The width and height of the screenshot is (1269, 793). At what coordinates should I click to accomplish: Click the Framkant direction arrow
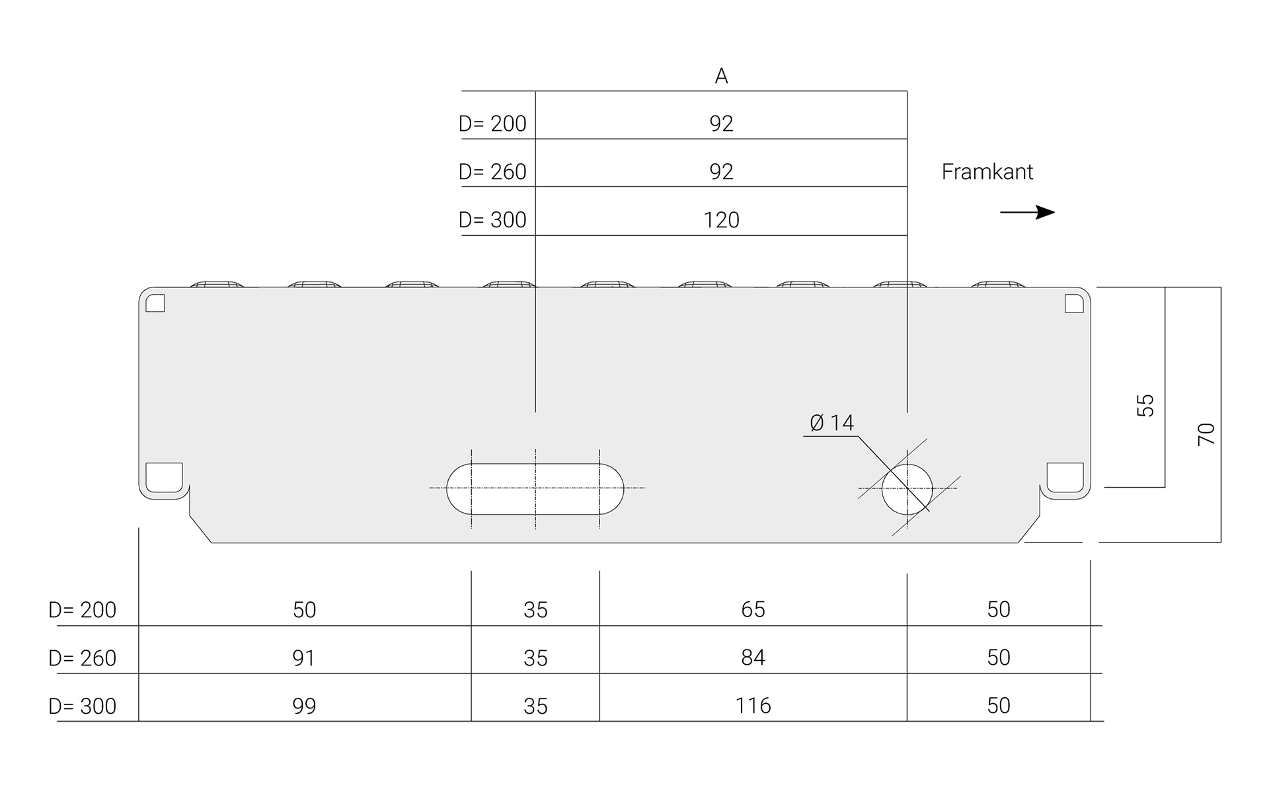click(x=1028, y=212)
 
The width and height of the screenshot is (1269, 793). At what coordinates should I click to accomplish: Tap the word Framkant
click(x=987, y=172)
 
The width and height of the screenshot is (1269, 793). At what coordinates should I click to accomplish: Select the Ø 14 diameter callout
click(x=831, y=423)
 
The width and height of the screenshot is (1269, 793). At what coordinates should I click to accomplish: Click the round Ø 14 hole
click(x=907, y=489)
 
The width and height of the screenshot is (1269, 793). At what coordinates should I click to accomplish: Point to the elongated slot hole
click(x=535, y=489)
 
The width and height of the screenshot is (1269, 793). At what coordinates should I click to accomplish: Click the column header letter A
click(x=721, y=77)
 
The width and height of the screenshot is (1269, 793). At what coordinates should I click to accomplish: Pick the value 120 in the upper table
click(x=721, y=220)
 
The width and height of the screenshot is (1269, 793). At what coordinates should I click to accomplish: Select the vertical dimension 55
click(x=1145, y=405)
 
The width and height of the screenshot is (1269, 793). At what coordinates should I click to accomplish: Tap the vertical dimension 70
click(x=1206, y=434)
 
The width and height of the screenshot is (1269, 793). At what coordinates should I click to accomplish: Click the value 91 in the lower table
click(x=304, y=658)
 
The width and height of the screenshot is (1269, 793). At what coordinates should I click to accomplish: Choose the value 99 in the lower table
click(x=304, y=706)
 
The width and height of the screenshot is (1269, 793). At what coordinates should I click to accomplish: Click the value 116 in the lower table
click(x=753, y=706)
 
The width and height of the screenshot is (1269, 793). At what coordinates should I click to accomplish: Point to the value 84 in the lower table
click(x=753, y=658)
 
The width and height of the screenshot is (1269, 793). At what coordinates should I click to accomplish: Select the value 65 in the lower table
click(x=753, y=609)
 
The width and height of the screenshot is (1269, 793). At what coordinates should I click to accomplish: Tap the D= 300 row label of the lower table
click(x=83, y=706)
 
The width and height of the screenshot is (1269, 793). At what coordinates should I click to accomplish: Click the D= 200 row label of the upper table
click(x=492, y=124)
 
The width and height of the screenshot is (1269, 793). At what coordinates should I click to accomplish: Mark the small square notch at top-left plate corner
click(x=155, y=303)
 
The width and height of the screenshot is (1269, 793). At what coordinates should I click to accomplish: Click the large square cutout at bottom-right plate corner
click(x=1065, y=477)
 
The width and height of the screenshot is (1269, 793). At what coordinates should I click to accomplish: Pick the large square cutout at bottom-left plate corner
click(x=163, y=477)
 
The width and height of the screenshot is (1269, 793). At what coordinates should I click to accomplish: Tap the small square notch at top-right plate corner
click(x=1074, y=303)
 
